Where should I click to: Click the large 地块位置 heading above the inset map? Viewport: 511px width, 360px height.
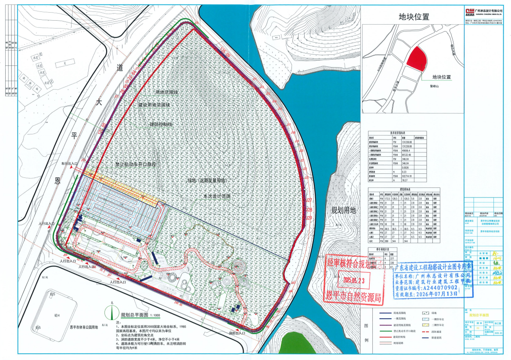point(414,17)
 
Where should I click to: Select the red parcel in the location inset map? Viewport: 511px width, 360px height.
point(416,58)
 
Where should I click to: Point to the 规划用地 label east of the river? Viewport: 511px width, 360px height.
point(343,210)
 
